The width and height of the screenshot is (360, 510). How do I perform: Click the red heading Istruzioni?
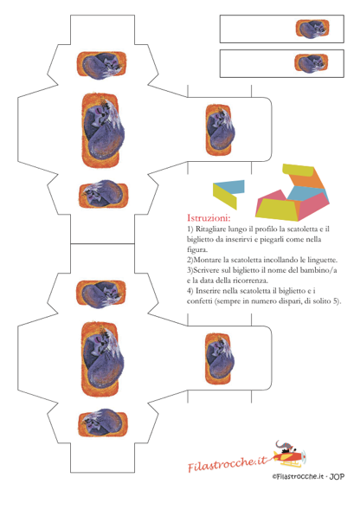(209, 217)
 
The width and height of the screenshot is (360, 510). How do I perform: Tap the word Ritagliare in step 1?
(210, 229)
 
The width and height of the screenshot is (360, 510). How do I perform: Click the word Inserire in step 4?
(209, 291)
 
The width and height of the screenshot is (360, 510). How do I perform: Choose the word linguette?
(322, 261)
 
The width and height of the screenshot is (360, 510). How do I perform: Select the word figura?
(197, 250)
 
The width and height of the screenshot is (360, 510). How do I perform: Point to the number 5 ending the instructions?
(336, 301)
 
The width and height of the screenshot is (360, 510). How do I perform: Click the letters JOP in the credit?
(337, 477)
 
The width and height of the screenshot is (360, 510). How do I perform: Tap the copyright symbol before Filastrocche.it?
(275, 477)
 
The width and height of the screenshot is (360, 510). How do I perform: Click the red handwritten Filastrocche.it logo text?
(228, 463)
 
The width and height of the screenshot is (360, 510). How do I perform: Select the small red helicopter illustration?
(289, 454)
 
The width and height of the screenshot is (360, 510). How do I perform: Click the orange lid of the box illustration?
(307, 183)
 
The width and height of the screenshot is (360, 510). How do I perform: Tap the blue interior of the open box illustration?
(307, 194)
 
